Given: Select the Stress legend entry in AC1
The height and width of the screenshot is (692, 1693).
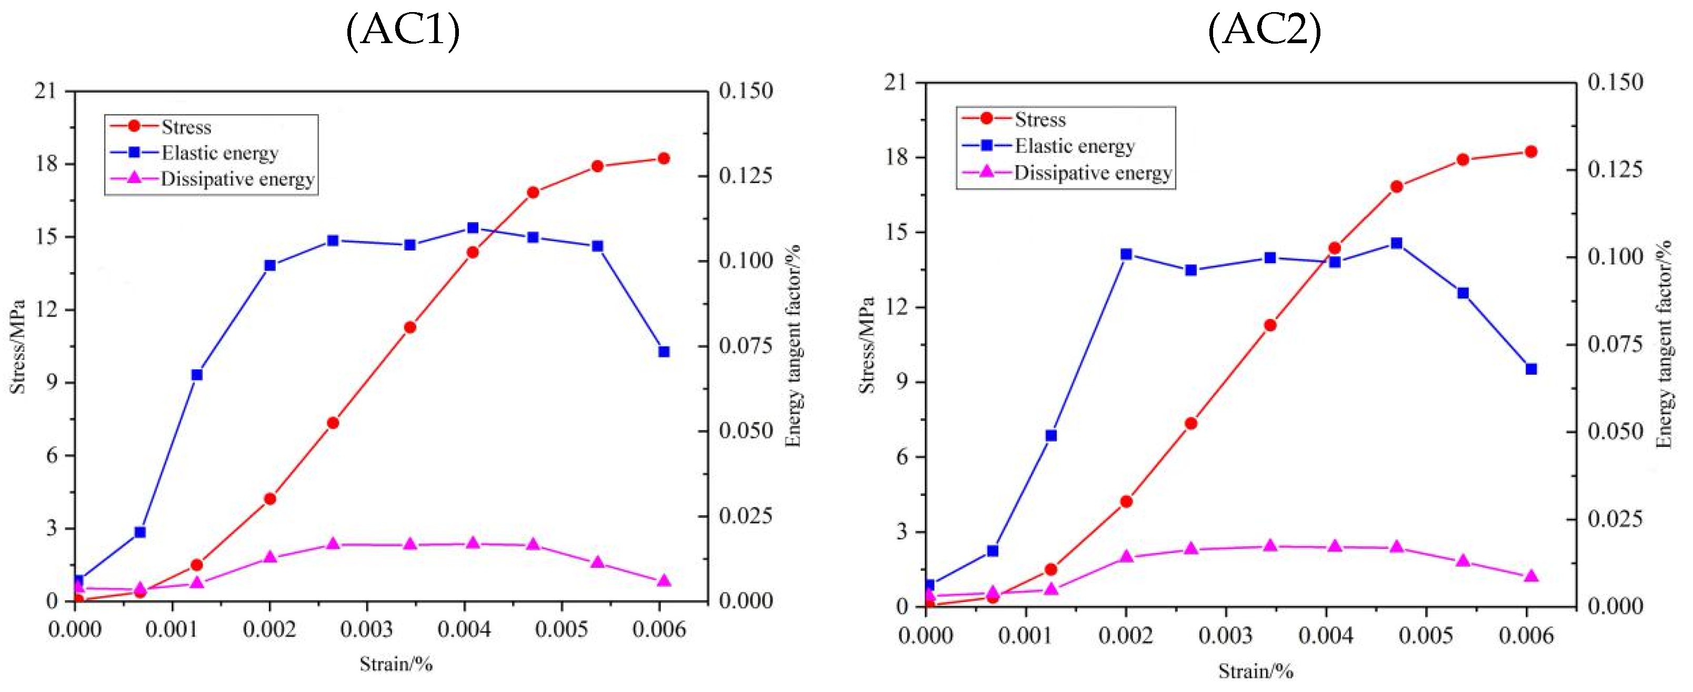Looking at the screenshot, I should click(x=186, y=127).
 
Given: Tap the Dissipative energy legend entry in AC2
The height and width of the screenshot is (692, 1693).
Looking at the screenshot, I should click(x=1093, y=173).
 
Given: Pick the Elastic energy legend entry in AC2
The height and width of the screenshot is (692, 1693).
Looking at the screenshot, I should click(x=1075, y=146).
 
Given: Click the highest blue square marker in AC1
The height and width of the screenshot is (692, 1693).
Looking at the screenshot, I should click(x=473, y=228).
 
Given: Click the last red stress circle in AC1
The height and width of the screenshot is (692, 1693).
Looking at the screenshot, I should click(x=664, y=158).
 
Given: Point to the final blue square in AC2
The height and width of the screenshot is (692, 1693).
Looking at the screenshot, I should click(x=1531, y=369).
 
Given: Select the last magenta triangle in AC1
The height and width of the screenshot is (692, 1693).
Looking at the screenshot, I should click(x=664, y=581).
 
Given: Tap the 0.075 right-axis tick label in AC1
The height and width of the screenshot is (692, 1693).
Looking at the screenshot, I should click(x=745, y=346).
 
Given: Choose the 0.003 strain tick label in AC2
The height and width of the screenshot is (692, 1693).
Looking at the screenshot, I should click(x=1225, y=636).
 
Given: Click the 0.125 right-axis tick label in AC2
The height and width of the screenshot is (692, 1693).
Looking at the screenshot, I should click(x=1615, y=169).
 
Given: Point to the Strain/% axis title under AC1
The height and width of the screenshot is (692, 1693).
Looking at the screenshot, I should click(x=396, y=665).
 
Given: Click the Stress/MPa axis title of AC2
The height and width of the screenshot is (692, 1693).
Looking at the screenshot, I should click(x=867, y=346).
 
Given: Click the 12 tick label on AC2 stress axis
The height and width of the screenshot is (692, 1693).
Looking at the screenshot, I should click(x=896, y=307).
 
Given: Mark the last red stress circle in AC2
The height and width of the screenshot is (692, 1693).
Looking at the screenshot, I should click(x=1531, y=152).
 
